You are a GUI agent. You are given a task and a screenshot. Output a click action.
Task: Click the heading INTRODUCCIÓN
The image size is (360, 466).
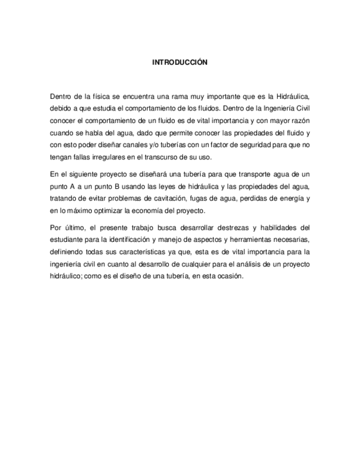click(x=180, y=63)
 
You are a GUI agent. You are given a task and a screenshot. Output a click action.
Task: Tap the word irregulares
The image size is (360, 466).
click(x=112, y=157)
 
